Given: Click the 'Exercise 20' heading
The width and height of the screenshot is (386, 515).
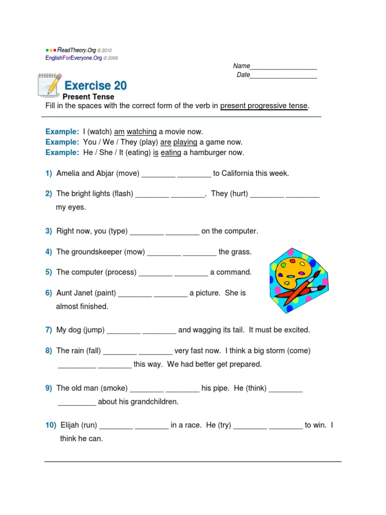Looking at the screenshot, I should pyautogui.click(x=95, y=85).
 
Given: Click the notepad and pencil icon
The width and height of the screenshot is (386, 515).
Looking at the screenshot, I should pyautogui.click(x=50, y=84).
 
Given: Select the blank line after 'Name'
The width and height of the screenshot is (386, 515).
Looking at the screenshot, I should pyautogui.click(x=283, y=67).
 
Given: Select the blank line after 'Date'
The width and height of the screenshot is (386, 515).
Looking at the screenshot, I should pyautogui.click(x=283, y=75).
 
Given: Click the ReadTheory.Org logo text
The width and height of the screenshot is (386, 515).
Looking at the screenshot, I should pyautogui.click(x=76, y=50).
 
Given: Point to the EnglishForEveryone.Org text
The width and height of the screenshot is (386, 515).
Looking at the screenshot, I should pyautogui.click(x=73, y=58).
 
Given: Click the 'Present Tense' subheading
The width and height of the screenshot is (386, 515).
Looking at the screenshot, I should pyautogui.click(x=88, y=97).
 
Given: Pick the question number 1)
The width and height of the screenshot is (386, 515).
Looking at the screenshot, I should pyautogui.click(x=49, y=174).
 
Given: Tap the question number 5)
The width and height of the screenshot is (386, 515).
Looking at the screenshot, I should pyautogui.click(x=49, y=272).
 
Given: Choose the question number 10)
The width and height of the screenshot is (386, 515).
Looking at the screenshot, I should pyautogui.click(x=51, y=425).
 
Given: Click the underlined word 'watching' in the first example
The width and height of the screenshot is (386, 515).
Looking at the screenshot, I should pyautogui.click(x=142, y=132).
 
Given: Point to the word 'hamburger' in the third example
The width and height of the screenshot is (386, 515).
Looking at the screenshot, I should pyautogui.click(x=207, y=152).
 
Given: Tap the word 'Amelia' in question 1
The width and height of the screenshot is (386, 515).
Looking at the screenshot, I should pyautogui.click(x=68, y=174).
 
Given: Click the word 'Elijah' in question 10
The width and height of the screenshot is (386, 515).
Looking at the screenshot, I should pyautogui.click(x=71, y=425).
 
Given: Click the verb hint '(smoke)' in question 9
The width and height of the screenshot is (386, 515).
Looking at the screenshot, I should pyautogui.click(x=114, y=388).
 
